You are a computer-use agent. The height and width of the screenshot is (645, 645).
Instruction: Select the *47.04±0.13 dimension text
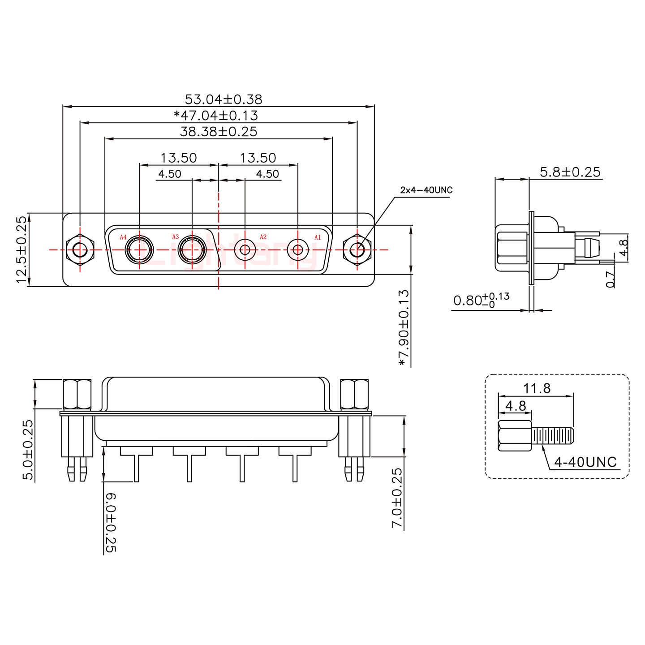(x=216, y=115)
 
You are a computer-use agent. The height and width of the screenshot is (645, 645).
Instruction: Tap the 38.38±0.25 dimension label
(x=219, y=131)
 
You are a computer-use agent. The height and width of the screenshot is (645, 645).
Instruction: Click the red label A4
(x=123, y=237)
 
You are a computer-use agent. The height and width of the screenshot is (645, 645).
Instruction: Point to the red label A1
(x=317, y=237)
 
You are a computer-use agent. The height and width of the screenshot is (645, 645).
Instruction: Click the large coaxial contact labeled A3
(x=192, y=249)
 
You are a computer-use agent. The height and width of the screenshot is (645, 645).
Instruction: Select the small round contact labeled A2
(x=245, y=249)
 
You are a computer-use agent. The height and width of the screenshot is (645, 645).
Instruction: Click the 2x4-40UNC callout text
(x=426, y=190)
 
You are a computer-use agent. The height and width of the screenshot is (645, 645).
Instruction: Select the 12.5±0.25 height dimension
(x=21, y=249)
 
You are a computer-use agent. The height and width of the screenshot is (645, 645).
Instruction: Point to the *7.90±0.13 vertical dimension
(x=404, y=327)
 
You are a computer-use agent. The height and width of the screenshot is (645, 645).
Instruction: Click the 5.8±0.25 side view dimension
(x=570, y=172)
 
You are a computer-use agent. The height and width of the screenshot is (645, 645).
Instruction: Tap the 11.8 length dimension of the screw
(x=537, y=388)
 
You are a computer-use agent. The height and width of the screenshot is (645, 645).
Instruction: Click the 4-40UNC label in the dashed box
(x=585, y=462)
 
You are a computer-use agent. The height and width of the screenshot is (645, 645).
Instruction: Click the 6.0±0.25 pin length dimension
(x=111, y=522)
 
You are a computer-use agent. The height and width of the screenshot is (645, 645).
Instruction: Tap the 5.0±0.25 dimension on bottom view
(x=28, y=450)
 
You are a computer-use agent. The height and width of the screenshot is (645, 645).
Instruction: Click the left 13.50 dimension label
(x=179, y=158)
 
